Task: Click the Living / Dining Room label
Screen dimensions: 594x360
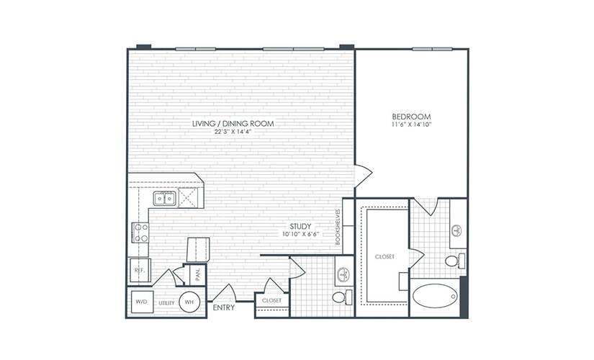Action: [x=233, y=123]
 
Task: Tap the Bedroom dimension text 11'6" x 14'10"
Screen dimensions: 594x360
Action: [x=411, y=125]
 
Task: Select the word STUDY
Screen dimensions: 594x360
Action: [x=300, y=227]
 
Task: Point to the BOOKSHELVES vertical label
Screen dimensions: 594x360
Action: [x=338, y=227]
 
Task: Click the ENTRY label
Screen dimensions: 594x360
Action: [x=223, y=307]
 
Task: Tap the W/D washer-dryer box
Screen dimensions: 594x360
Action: [x=142, y=302]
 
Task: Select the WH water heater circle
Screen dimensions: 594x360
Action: [x=189, y=302]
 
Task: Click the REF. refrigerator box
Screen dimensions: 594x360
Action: [x=140, y=271]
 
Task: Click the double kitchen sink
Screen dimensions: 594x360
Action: [x=165, y=198]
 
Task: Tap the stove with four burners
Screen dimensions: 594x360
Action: [x=140, y=233]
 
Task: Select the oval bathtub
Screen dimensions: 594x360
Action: [x=434, y=296]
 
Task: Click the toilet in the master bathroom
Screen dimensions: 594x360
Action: [x=455, y=261]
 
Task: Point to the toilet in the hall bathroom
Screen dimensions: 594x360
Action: [x=342, y=297]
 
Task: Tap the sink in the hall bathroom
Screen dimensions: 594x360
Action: [x=344, y=274]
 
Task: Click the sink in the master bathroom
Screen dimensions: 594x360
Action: [x=457, y=230]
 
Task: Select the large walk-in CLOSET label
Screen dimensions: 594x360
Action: [x=384, y=256]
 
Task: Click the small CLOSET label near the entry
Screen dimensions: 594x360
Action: [x=271, y=300]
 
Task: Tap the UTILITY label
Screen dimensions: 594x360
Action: [x=166, y=303]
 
